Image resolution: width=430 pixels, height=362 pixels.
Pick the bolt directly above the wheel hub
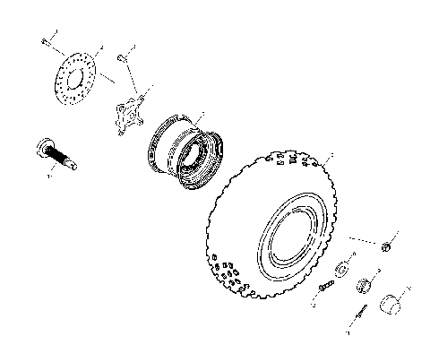(121, 58)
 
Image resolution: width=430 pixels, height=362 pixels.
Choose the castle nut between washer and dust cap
(365, 287)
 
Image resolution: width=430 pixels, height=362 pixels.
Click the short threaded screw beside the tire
(324, 284)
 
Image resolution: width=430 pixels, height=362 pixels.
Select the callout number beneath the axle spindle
(52, 177)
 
